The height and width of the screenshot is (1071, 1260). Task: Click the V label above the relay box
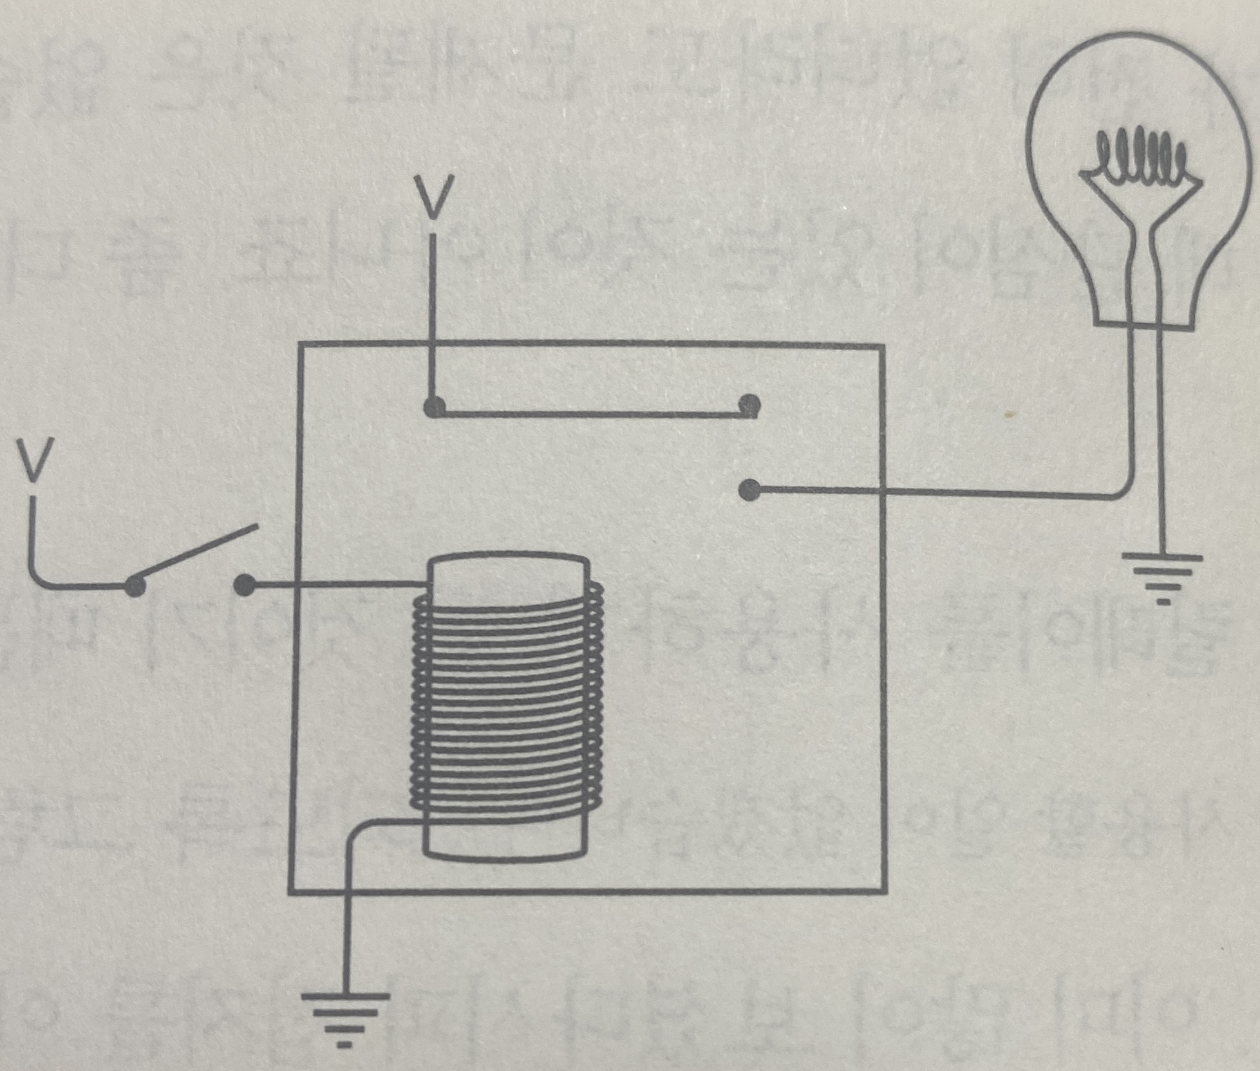435,196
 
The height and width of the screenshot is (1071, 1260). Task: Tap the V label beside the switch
33,461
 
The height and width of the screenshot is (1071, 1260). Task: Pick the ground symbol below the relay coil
345,1021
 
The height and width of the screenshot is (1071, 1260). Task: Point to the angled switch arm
196,555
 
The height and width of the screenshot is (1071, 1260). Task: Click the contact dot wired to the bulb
748,490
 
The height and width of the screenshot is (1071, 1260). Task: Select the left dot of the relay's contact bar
435,407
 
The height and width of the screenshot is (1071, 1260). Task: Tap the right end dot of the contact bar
748,405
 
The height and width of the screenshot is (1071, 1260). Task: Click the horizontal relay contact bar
591,413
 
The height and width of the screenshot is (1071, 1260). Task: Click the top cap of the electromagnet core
509,566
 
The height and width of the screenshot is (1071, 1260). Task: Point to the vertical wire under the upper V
435,319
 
